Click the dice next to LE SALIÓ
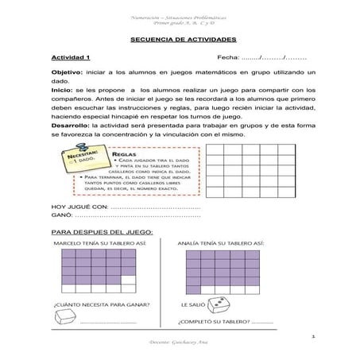pyautogui.click(x=245, y=305)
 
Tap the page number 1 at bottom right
pyautogui.click(x=315, y=336)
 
